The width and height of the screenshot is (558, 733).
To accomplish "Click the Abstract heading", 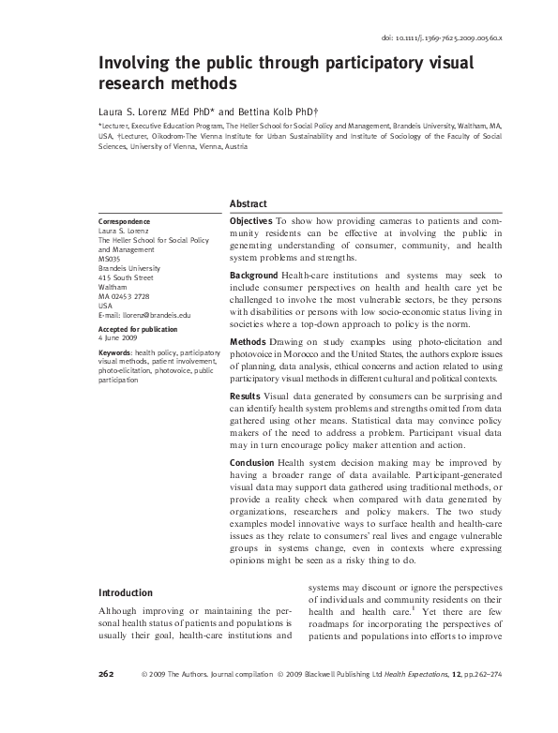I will click(x=249, y=203).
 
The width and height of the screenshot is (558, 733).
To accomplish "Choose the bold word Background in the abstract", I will click(x=254, y=275).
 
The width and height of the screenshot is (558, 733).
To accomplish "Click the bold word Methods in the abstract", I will click(x=247, y=342).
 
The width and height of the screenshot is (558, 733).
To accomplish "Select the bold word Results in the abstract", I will click(x=245, y=397).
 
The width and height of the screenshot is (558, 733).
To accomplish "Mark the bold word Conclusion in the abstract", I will click(x=253, y=464).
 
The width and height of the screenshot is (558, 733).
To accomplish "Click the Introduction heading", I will click(x=126, y=593).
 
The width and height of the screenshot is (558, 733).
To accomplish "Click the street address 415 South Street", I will click(x=125, y=277).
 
